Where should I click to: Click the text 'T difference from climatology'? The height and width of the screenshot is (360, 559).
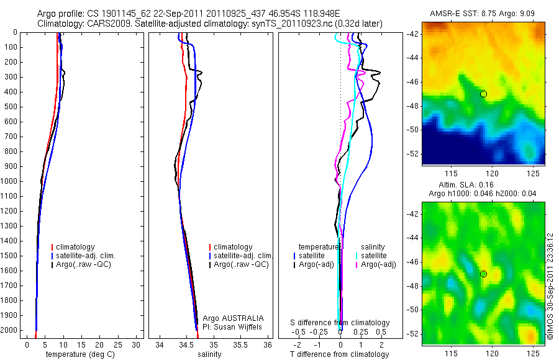pyautogui.click(x=339, y=354)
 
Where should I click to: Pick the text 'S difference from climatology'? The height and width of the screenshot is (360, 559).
pyautogui.click(x=340, y=323)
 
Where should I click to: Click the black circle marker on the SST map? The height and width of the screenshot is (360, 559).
pyautogui.click(x=483, y=94)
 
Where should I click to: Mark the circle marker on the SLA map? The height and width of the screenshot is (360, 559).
pyautogui.click(x=483, y=274)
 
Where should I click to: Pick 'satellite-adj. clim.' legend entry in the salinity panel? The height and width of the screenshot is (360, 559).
pyautogui.click(x=243, y=256)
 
